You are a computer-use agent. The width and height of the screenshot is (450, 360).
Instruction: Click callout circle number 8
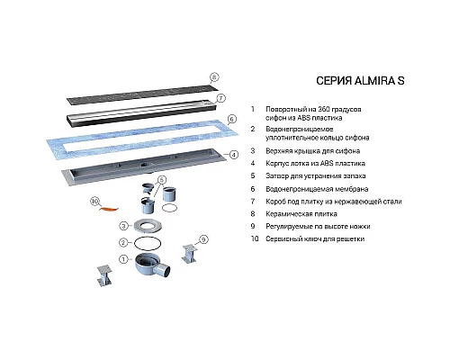coord(214,77)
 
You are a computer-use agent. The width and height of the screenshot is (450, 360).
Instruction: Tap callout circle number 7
coord(220,97)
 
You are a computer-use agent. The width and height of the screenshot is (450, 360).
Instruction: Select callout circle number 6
coord(231,119)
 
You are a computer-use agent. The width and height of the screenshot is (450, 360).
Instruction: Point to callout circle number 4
coord(234,154)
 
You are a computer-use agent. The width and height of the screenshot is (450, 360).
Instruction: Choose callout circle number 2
coord(122,243)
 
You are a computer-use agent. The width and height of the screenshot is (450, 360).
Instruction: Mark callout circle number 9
coord(203,239)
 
